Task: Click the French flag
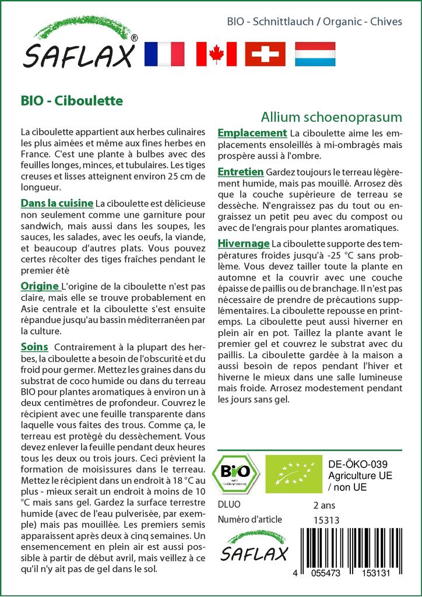[x=164, y=54]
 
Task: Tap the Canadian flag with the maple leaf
[x=216, y=54]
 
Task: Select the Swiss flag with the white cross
[x=265, y=54]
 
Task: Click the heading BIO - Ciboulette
[x=72, y=100]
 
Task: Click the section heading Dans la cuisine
[x=57, y=203]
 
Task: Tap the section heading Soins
[x=34, y=346]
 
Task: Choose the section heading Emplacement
[x=252, y=133]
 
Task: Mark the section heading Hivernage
[x=243, y=243]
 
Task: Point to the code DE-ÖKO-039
[x=354, y=464]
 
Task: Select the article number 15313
[x=326, y=520]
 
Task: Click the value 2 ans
[x=324, y=504]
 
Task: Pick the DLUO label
[x=228, y=504]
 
